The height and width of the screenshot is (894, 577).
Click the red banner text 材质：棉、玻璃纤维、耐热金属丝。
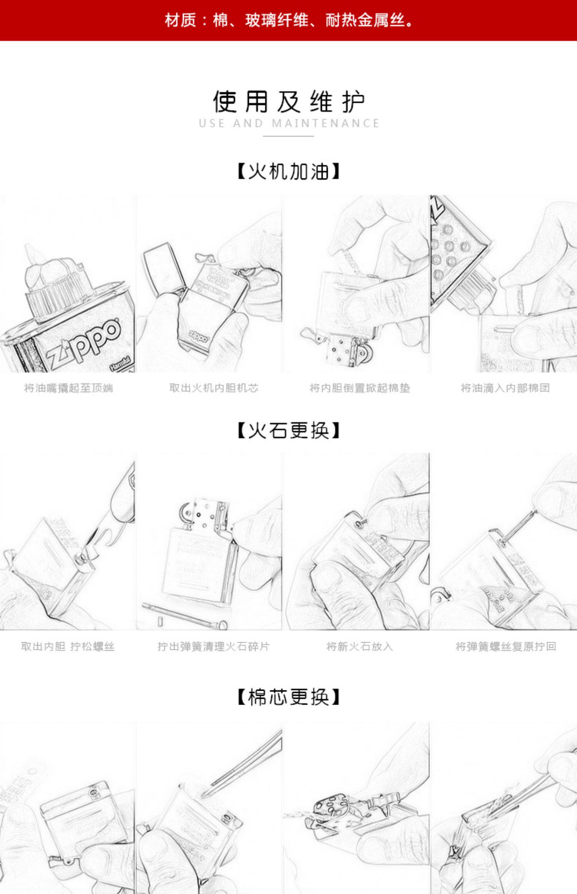pos(288,20)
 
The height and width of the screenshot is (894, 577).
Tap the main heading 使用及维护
pos(288,102)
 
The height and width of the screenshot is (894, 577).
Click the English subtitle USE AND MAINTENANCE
pos(288,124)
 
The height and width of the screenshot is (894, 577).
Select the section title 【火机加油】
pos(288,171)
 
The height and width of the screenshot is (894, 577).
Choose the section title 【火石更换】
pos(288,430)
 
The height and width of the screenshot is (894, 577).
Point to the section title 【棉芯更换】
pos(288,697)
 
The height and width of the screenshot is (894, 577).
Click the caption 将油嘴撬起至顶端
pos(68,388)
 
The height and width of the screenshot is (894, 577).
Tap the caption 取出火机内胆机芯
pos(214,388)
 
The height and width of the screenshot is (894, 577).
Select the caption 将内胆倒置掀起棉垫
pos(360,388)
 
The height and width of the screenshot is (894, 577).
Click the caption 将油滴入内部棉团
pos(505,388)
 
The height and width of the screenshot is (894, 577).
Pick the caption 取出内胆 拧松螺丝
pos(68,646)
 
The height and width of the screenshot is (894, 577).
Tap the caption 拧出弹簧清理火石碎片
pos(214,646)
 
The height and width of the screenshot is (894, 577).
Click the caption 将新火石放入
pos(360,646)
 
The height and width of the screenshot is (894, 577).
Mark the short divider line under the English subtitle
pos(288,136)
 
